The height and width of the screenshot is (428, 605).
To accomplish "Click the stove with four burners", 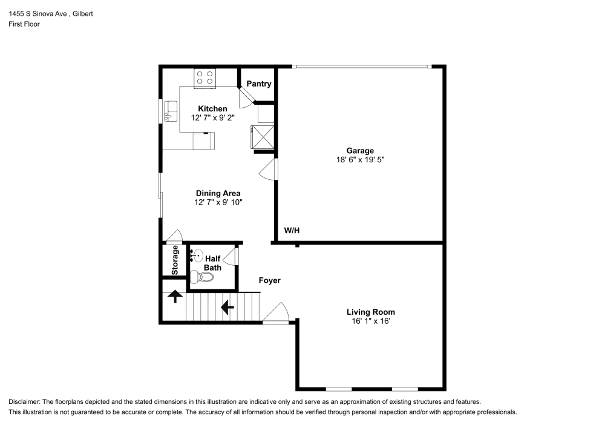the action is pos(205,78).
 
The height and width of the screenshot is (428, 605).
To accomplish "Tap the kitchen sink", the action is pos(170,111).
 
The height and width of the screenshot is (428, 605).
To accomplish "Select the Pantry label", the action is pos(259,84).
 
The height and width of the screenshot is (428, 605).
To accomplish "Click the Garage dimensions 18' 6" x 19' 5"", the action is pos(361,159).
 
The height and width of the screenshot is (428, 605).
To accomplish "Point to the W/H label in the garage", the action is pos(292,231).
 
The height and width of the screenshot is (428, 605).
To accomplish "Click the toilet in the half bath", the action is pos(202,277).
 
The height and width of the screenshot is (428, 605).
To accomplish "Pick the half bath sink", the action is pos(197,255).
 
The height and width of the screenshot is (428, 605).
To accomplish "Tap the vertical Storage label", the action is pos(175,260).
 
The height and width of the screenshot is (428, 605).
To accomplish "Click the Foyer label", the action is pos(270,280).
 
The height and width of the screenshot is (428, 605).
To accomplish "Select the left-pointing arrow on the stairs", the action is pos(227,308).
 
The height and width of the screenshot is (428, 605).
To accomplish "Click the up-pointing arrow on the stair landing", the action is pos(175,296).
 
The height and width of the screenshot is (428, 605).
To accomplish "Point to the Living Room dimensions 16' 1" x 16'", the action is pos(371,321).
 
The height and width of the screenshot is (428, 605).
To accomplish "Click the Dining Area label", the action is pos(218,193).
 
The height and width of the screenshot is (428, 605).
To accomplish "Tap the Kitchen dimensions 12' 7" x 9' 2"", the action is pos(212,117).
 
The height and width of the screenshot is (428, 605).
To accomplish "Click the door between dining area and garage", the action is pos(268,169).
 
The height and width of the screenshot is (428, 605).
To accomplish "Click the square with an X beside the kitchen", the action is pos(263,137).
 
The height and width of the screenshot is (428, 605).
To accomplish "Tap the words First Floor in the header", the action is pos(24,24).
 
